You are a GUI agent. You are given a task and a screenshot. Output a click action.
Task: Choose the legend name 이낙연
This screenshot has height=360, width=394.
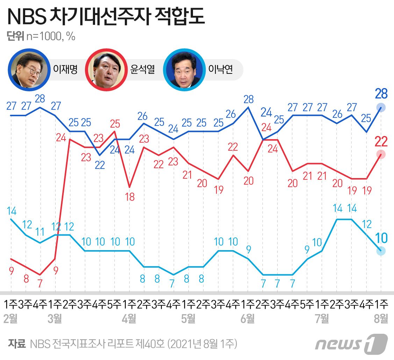220,69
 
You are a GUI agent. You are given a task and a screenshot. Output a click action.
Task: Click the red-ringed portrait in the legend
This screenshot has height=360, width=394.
107,68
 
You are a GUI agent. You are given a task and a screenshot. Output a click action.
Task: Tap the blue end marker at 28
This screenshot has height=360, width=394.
381,107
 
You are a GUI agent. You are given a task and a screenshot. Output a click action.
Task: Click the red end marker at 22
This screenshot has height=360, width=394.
381,154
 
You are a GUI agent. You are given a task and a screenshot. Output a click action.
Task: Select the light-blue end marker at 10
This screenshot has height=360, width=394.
381,250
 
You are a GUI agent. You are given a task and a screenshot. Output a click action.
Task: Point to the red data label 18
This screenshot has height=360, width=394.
130,197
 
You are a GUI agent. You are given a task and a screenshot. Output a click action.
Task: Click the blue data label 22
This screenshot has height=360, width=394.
100,165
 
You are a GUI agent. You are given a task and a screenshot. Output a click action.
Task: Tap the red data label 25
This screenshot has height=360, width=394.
115,124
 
